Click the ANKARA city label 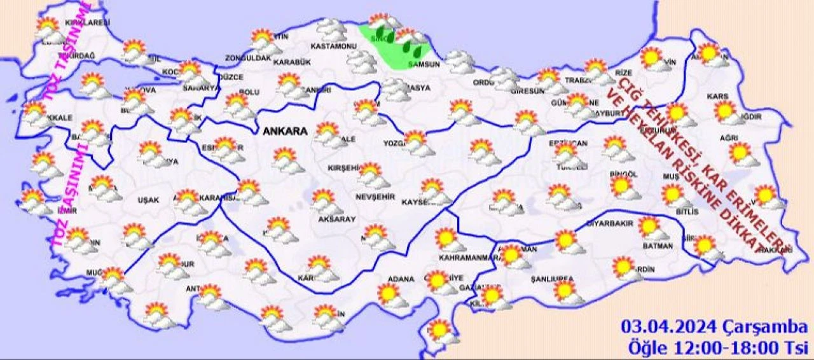point(285,131)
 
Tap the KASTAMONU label point(333,46)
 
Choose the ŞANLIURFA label point(551,279)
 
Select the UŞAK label point(149,200)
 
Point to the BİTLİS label point(688,211)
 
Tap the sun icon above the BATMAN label point(649,226)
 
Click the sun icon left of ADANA point(387,294)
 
